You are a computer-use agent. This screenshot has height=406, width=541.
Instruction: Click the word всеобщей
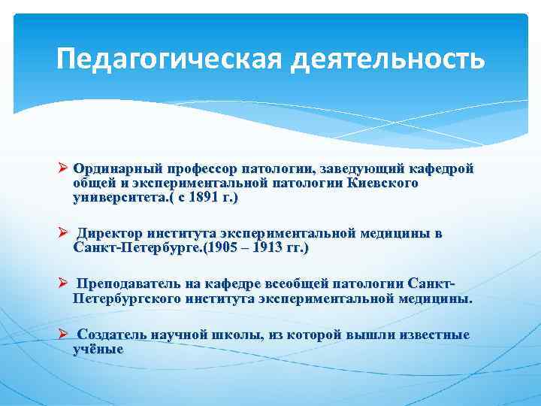coord(289,284)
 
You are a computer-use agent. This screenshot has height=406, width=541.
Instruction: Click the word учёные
coord(98,349)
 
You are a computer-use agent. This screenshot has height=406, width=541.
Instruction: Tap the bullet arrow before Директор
coord(63,234)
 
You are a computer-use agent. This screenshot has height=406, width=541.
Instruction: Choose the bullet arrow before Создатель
coord(63,335)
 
